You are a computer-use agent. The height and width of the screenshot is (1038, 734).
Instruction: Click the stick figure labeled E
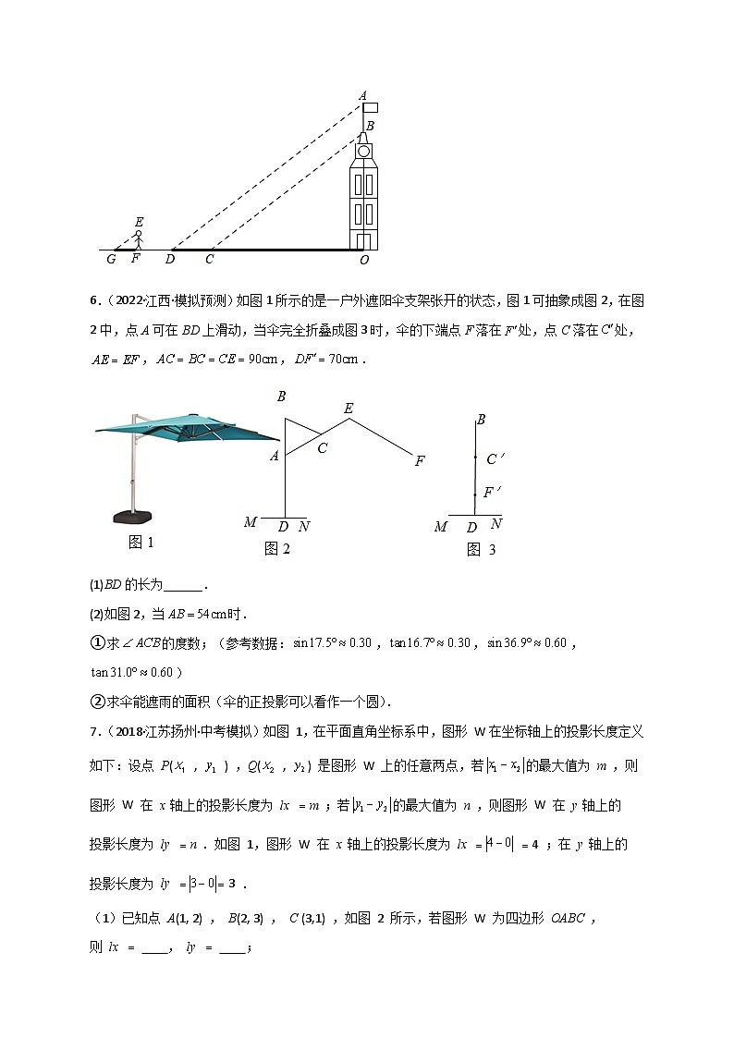pyautogui.click(x=139, y=239)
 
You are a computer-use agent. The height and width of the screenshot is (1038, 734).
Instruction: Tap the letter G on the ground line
pyautogui.click(x=111, y=260)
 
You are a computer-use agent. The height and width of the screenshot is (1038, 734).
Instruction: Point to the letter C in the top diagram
pyautogui.click(x=210, y=260)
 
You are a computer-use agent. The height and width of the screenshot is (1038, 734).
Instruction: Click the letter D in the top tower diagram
pyautogui.click(x=170, y=260)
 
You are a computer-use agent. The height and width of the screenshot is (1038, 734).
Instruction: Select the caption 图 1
pyautogui.click(x=141, y=543)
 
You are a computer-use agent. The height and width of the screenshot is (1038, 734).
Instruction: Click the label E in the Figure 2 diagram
pyautogui.click(x=349, y=409)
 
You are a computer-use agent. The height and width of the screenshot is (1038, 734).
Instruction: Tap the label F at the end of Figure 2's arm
pyautogui.click(x=419, y=460)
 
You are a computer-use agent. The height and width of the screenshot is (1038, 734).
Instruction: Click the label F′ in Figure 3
pyautogui.click(x=492, y=493)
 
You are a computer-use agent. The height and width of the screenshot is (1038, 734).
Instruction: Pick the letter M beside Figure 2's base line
pyautogui.click(x=251, y=523)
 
